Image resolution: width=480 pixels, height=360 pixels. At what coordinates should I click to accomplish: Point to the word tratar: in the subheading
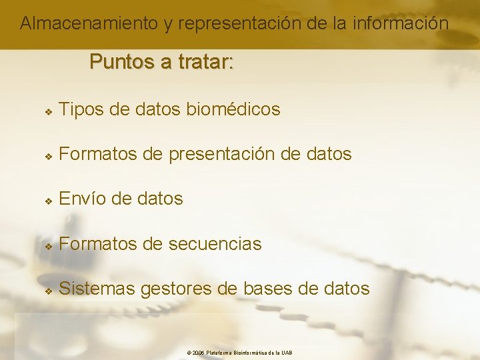click(x=203, y=62)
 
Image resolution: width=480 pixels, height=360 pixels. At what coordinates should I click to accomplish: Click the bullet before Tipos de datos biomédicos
click(x=48, y=110)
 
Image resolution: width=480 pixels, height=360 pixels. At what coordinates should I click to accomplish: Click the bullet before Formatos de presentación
click(x=48, y=155)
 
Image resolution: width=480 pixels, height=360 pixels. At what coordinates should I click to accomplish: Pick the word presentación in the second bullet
click(x=221, y=154)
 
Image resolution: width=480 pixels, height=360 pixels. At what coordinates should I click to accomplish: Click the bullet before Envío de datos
click(x=48, y=200)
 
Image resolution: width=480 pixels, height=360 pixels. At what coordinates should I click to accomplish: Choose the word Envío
click(x=81, y=199)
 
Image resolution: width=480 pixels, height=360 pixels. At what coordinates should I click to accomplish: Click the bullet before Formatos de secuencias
click(x=48, y=245)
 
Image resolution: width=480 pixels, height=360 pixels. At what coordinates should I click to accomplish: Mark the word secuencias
click(x=215, y=244)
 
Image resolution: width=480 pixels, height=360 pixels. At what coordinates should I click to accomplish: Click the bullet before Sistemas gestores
click(x=48, y=290)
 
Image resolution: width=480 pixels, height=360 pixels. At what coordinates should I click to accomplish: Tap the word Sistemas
click(x=97, y=289)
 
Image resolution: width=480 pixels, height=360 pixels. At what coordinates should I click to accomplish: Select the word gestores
click(x=176, y=289)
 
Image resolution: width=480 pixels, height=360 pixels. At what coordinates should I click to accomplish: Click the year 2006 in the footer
click(x=198, y=353)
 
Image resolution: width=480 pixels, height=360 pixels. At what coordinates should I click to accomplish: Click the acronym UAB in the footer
click(x=287, y=353)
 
